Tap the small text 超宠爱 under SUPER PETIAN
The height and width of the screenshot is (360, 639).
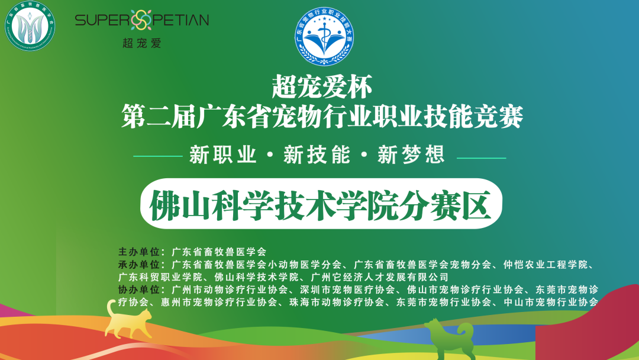point(141,43)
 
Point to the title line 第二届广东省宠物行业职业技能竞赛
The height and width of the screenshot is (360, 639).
point(322,116)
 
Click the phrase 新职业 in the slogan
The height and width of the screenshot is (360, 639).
point(223,156)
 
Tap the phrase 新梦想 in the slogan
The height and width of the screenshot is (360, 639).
point(411,156)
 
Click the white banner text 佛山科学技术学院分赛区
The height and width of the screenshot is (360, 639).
point(321,205)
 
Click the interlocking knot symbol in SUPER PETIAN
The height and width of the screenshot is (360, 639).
point(140,20)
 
